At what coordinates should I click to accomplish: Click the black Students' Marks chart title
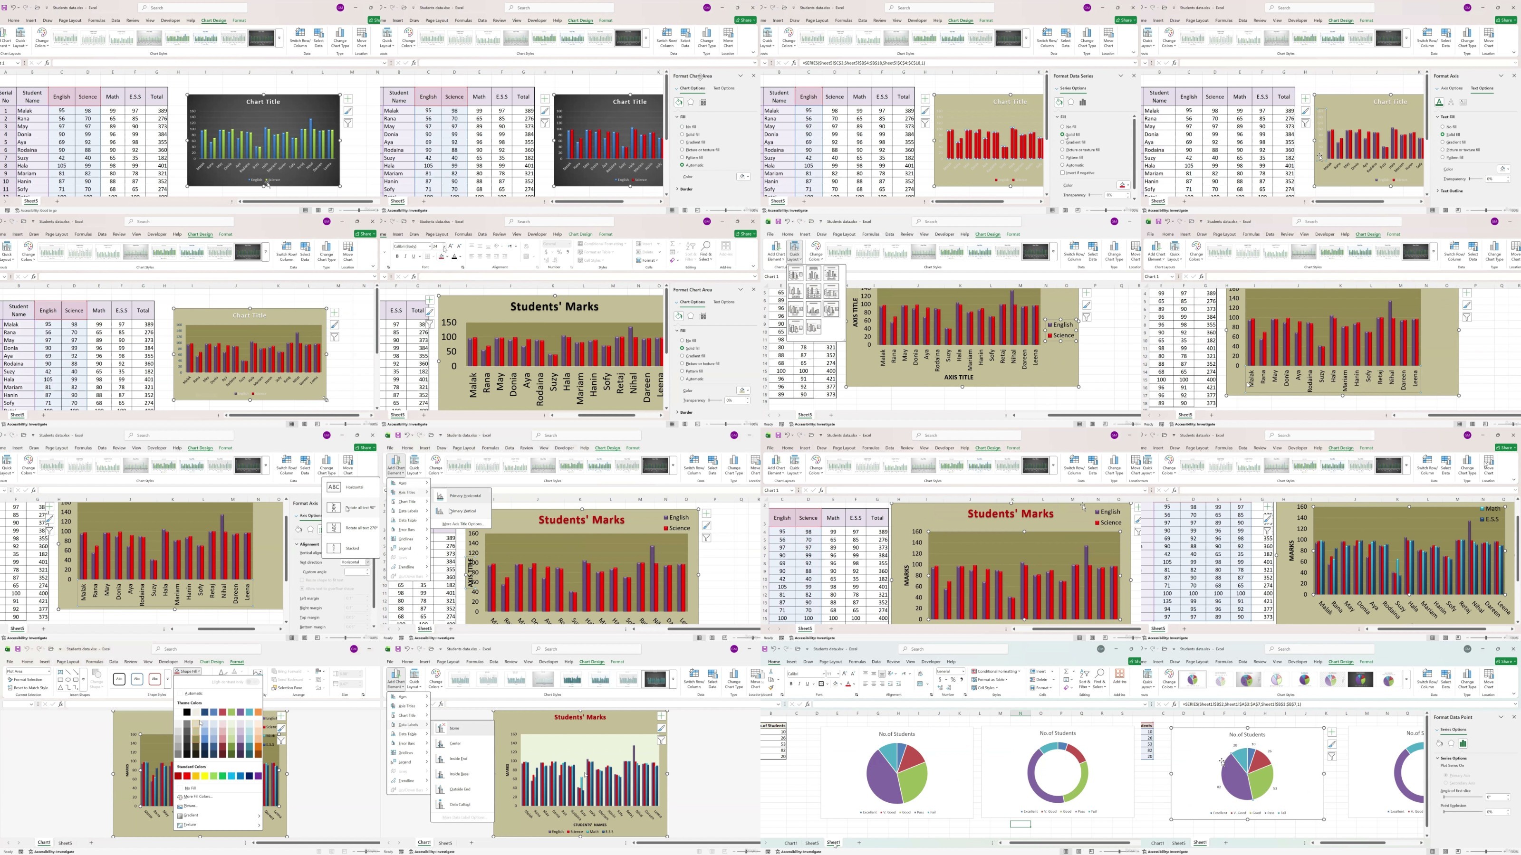click(554, 306)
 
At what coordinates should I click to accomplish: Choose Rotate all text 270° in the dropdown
click(360, 528)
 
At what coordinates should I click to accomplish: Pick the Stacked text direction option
click(352, 548)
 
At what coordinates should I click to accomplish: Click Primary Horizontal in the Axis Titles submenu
click(465, 495)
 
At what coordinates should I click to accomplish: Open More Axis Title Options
click(462, 524)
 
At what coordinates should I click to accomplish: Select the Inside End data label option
click(458, 759)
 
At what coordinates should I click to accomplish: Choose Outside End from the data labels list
click(459, 789)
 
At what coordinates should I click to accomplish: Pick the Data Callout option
click(460, 804)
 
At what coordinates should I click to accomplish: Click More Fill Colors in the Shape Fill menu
click(197, 797)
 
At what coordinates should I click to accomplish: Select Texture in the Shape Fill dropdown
click(190, 824)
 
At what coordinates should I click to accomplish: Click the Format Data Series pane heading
click(1073, 76)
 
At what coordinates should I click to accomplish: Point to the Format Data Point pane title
click(1453, 717)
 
